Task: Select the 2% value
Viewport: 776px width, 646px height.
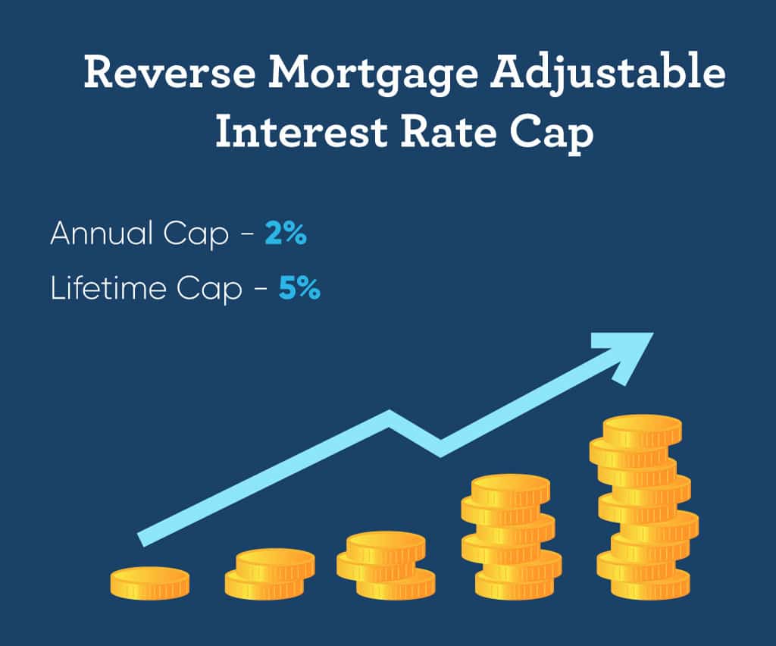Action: tap(286, 235)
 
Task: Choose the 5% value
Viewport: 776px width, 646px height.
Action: tap(299, 290)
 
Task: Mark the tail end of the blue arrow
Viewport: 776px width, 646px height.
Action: tap(142, 538)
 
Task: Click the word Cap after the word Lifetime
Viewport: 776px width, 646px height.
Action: tap(216, 290)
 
